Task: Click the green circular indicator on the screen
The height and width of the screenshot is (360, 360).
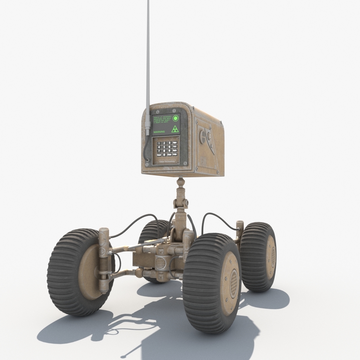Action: (175, 118)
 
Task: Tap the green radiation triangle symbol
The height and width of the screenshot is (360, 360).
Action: (175, 129)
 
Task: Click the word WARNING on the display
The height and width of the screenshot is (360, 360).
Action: (159, 132)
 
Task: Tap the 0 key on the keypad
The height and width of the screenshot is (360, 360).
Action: (164, 155)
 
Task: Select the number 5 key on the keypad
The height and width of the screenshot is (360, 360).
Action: (164, 147)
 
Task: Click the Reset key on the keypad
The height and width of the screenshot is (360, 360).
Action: (159, 155)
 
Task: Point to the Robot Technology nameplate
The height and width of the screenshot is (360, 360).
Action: (167, 161)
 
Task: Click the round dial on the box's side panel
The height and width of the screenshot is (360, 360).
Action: (202, 136)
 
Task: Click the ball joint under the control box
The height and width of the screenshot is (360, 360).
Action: (180, 182)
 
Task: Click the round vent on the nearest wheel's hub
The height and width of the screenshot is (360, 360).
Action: (233, 283)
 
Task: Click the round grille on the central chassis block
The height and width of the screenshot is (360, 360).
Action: (160, 263)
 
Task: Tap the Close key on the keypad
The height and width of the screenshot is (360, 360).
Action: (169, 155)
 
